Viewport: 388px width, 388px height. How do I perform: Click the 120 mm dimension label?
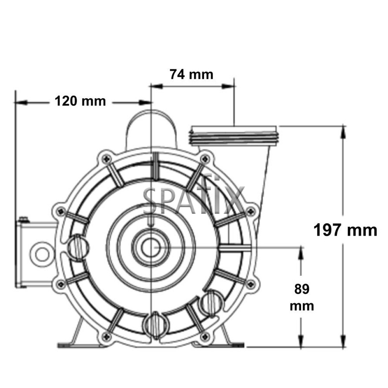coord(80,101)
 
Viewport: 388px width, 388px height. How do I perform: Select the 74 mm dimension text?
coord(191,74)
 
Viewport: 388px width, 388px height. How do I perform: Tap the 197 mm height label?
coord(345,230)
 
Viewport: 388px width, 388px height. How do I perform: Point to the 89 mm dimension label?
coord(302,298)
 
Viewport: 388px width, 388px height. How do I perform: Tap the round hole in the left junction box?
coord(40,254)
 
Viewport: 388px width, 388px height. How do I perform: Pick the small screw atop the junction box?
coord(24,220)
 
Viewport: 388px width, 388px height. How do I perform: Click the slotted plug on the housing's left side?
coord(78,245)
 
